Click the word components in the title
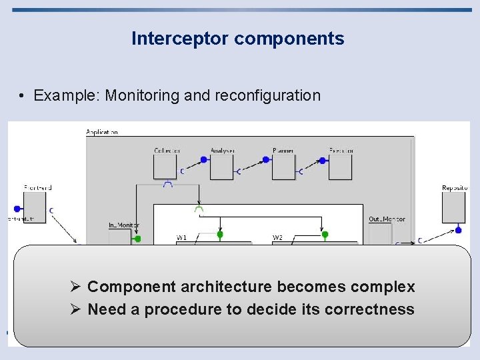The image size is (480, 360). (289, 39)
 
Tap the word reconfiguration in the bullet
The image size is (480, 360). (267, 95)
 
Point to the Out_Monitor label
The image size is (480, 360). (387, 219)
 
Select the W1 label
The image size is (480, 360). (181, 237)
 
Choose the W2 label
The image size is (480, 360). (277, 237)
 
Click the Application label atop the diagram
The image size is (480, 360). (102, 132)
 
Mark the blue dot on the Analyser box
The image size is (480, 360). (204, 161)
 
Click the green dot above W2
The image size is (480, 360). (325, 234)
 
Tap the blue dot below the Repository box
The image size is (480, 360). (458, 230)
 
